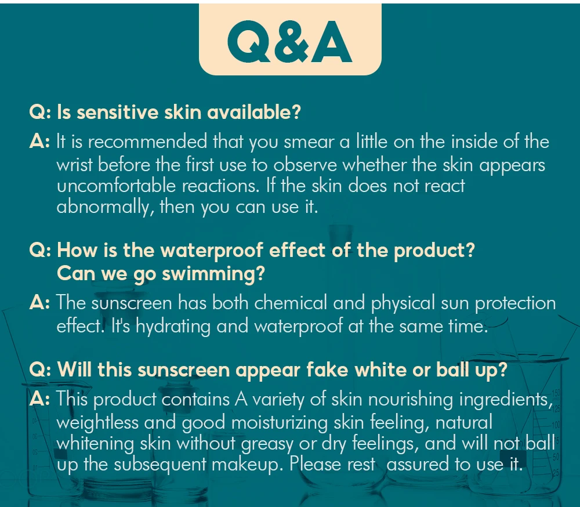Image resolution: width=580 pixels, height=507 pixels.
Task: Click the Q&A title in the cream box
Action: click(x=289, y=41)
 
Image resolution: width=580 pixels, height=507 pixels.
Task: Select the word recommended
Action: click(x=147, y=142)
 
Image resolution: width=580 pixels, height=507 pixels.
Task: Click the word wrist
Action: click(x=74, y=165)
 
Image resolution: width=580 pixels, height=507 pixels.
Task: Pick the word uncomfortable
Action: click(x=116, y=186)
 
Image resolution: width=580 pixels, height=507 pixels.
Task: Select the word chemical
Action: click(x=291, y=303)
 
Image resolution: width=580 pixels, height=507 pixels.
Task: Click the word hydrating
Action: click(x=173, y=327)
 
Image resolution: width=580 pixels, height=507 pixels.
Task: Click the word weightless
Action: click(x=97, y=423)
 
